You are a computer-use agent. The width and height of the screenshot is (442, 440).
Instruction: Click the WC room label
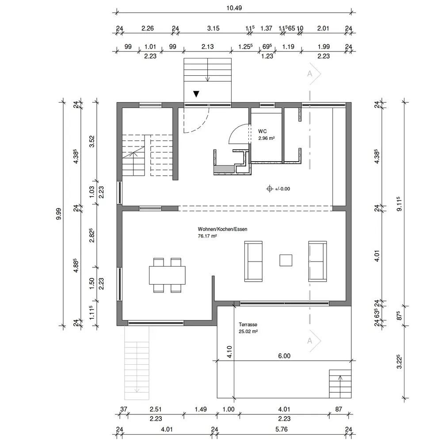click(262, 131)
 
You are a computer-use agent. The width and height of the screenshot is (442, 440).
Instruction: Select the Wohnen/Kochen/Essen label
click(222, 229)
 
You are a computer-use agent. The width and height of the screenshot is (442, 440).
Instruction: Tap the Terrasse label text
click(248, 324)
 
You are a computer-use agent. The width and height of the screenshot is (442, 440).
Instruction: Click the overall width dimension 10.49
click(234, 8)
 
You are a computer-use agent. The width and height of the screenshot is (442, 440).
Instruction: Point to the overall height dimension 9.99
click(58, 214)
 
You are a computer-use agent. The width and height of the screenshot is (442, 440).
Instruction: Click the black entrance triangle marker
click(196, 94)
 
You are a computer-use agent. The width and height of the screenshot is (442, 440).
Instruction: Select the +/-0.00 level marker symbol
click(270, 189)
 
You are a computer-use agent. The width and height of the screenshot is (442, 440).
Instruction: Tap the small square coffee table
click(286, 260)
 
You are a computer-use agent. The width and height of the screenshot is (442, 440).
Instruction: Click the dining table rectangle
click(167, 275)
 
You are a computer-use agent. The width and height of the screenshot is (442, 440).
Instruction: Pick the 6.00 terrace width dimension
click(284, 356)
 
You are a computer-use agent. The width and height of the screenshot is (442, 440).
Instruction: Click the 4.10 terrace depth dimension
click(229, 352)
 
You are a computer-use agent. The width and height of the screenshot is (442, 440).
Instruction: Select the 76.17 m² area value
click(207, 236)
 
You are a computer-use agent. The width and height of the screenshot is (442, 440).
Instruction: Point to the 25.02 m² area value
click(248, 332)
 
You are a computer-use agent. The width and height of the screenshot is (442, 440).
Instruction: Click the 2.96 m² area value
click(267, 138)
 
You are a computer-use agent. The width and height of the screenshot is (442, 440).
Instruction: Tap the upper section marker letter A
click(309, 73)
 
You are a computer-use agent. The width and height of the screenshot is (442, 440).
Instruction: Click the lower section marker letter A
click(309, 341)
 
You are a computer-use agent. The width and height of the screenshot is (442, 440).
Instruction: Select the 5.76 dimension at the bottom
click(281, 429)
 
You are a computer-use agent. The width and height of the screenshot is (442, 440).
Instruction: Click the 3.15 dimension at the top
click(213, 28)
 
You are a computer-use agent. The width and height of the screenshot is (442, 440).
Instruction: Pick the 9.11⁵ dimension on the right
click(399, 204)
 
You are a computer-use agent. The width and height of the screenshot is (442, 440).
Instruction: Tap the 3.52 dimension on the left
click(92, 141)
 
